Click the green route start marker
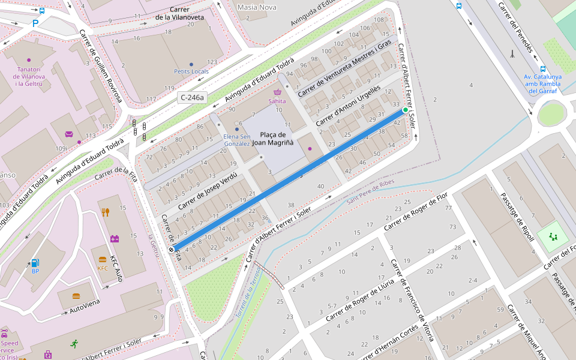pyautogui.click(x=406, y=110)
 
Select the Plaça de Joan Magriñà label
pyautogui.click(x=273, y=139)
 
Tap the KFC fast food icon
pyautogui.click(x=103, y=260)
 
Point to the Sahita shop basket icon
pyautogui.click(x=277, y=92)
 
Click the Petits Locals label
pyautogui.click(x=191, y=71)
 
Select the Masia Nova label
pyautogui.click(x=256, y=7)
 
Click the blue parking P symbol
pyautogui.click(x=35, y=23)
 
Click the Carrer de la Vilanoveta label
pyautogui.click(x=179, y=13)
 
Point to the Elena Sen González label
pyautogui.click(x=236, y=140)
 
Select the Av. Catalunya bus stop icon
pyautogui.click(x=543, y=69)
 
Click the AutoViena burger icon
pyautogui.click(x=76, y=296)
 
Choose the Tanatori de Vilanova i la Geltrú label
pyautogui.click(x=28, y=76)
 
